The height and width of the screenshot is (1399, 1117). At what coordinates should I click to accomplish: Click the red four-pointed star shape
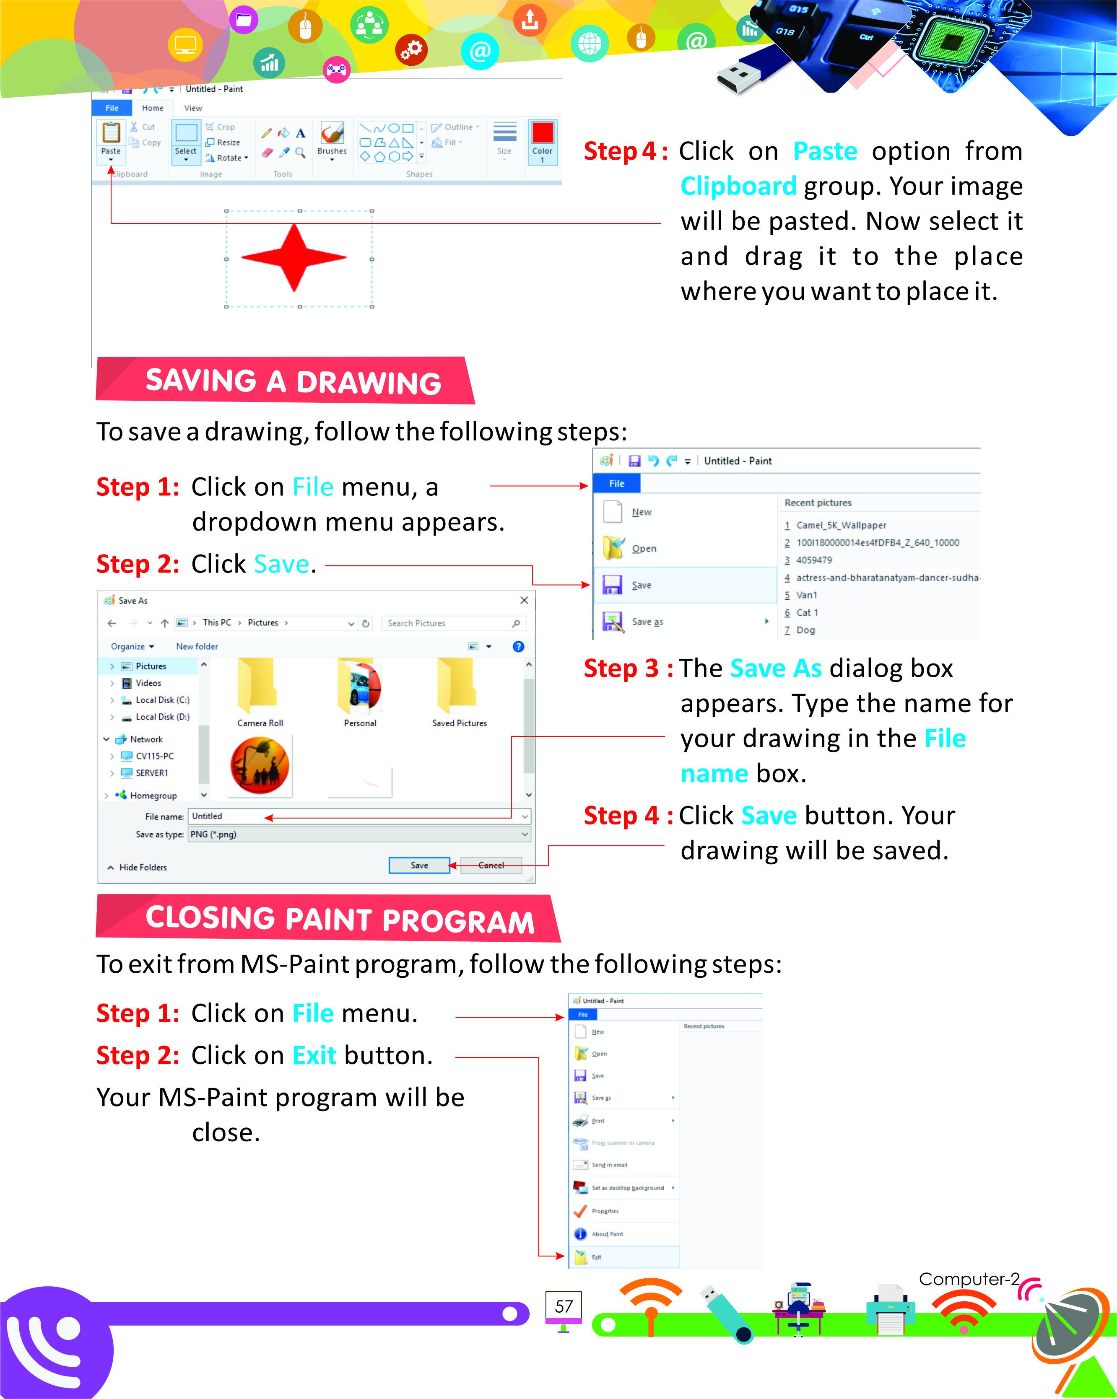(294, 258)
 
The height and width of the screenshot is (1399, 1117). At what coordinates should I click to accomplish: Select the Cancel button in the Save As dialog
(491, 865)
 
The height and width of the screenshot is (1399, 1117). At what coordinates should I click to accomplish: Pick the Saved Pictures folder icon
(458, 685)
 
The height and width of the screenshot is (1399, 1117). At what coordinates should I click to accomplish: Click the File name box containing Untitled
(357, 816)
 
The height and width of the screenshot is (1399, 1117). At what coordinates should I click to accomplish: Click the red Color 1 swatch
(542, 133)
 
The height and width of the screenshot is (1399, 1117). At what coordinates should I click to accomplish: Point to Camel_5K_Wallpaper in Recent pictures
(841, 525)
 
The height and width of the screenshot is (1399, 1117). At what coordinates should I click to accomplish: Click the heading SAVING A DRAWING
(293, 381)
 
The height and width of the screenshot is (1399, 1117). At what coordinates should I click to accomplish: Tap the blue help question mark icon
(518, 646)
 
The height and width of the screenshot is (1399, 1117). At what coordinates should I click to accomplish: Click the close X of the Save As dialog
(524, 600)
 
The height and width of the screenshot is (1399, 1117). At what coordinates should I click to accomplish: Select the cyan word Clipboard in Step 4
(738, 186)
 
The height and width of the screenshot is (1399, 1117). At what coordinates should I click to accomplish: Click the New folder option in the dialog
(197, 646)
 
